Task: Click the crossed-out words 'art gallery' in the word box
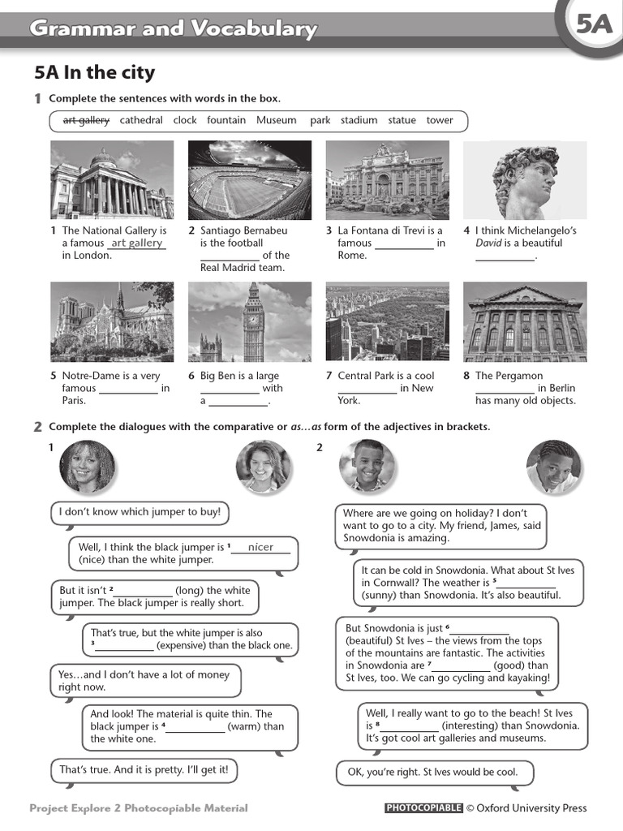[x=86, y=120]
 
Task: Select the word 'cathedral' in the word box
[x=141, y=120]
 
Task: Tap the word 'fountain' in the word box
[x=226, y=120]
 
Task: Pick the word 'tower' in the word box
[x=440, y=120]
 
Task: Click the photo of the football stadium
[x=249, y=180]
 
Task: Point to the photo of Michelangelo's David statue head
[x=524, y=180]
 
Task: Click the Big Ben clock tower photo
[x=249, y=321]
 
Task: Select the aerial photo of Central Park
[x=387, y=321]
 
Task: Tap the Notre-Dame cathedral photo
[x=112, y=321]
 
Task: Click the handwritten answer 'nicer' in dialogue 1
[x=260, y=547]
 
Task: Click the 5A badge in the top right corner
[x=595, y=25]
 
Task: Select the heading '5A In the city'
[x=94, y=73]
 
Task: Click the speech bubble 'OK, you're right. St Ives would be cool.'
[x=427, y=772]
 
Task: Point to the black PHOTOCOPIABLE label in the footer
[x=423, y=808]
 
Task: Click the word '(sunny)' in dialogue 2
[x=381, y=595]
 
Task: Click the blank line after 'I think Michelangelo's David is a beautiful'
[x=505, y=256]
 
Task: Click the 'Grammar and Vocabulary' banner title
[x=173, y=30]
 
